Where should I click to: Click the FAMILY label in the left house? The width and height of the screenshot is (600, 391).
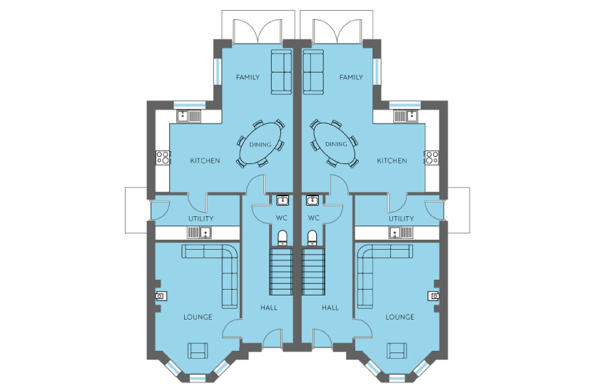pos(248,77)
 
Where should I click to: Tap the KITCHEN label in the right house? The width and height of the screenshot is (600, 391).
pos(392,161)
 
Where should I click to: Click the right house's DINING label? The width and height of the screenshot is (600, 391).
pos(336,144)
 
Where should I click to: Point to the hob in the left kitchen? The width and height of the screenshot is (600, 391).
pos(163,157)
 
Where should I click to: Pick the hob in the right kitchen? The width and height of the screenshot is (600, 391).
pos(432,157)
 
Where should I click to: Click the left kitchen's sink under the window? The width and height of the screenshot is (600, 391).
pos(188,116)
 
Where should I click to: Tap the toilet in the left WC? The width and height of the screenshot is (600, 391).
pos(283,237)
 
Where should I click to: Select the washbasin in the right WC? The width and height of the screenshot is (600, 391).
pos(312,200)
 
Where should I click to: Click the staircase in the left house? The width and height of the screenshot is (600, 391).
pos(281,271)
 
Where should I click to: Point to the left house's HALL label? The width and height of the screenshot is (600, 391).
pos(269,308)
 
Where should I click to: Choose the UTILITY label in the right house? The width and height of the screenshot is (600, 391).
pos(401,219)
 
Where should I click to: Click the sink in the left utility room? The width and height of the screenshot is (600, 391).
pos(199,232)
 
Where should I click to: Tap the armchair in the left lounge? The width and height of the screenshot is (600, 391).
pos(198,350)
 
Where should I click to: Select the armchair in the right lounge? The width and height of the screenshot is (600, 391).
pos(397,350)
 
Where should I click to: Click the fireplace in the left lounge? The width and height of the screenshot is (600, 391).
pos(161,295)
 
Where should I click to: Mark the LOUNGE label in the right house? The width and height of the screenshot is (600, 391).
pos(400,318)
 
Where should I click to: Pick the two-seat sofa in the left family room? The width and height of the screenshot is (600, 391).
pos(282,71)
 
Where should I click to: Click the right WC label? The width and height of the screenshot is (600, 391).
pos(313,218)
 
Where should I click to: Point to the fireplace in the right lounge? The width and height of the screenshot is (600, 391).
pos(434,295)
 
